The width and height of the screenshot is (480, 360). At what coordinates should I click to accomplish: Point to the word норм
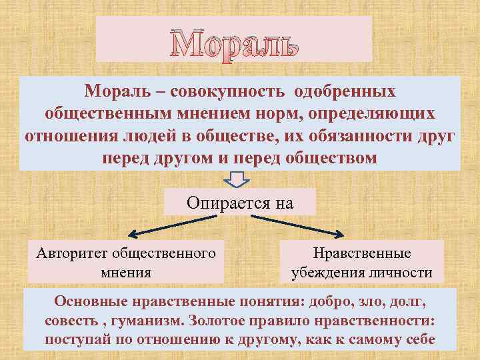(x=279, y=113)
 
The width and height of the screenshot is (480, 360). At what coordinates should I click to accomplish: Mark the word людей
(x=153, y=136)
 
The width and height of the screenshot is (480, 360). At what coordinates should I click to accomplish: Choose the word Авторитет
(x=73, y=253)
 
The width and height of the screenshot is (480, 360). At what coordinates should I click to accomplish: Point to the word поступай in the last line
(x=81, y=339)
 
